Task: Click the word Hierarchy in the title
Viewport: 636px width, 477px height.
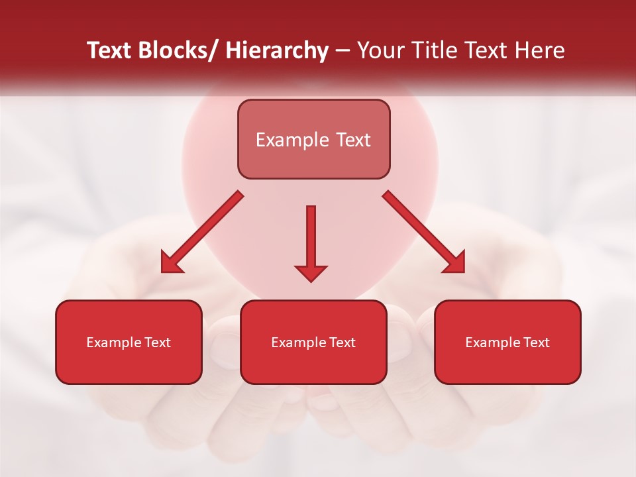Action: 277,50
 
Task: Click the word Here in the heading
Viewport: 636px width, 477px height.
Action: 539,50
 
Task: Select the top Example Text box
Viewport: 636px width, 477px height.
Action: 313,139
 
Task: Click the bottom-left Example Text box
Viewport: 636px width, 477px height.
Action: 129,342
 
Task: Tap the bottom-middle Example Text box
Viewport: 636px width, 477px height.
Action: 313,342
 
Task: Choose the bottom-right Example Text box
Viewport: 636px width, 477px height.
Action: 507,342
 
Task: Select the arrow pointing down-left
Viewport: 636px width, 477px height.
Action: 202,232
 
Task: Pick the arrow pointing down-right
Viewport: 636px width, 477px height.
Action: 424,232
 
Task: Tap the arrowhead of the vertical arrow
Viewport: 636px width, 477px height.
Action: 311,272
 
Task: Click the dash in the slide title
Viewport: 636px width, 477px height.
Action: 343,51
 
